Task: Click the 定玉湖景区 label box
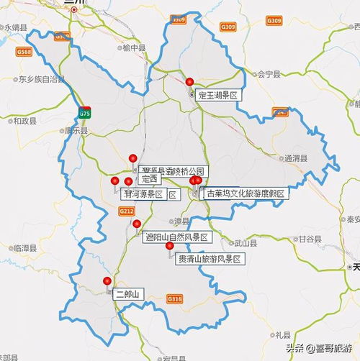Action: [217, 95]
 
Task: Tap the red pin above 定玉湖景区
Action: [190, 81]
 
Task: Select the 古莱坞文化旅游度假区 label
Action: [246, 193]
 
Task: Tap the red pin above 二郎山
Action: [107, 281]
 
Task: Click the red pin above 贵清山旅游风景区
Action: [170, 246]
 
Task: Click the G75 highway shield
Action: [85, 113]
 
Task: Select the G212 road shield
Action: [127, 211]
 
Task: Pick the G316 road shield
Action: [174, 297]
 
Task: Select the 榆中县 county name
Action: [134, 48]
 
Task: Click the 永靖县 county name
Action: [16, 27]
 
